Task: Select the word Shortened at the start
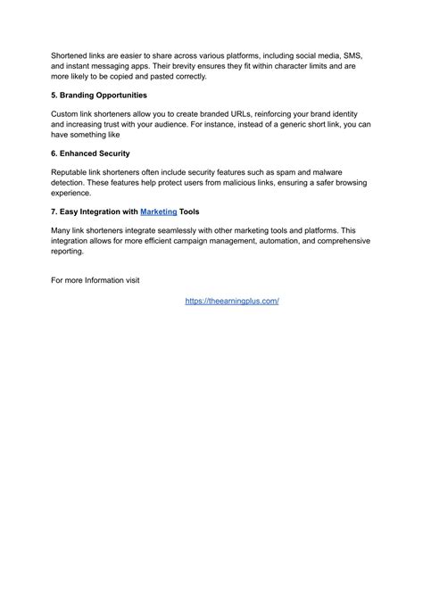[70, 55]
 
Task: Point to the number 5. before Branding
[54, 95]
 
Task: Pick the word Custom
[67, 115]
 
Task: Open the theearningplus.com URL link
[232, 302]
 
